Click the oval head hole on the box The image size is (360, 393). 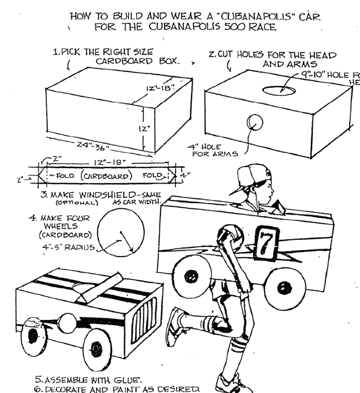pos(279,91)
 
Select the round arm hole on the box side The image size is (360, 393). pos(254,123)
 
